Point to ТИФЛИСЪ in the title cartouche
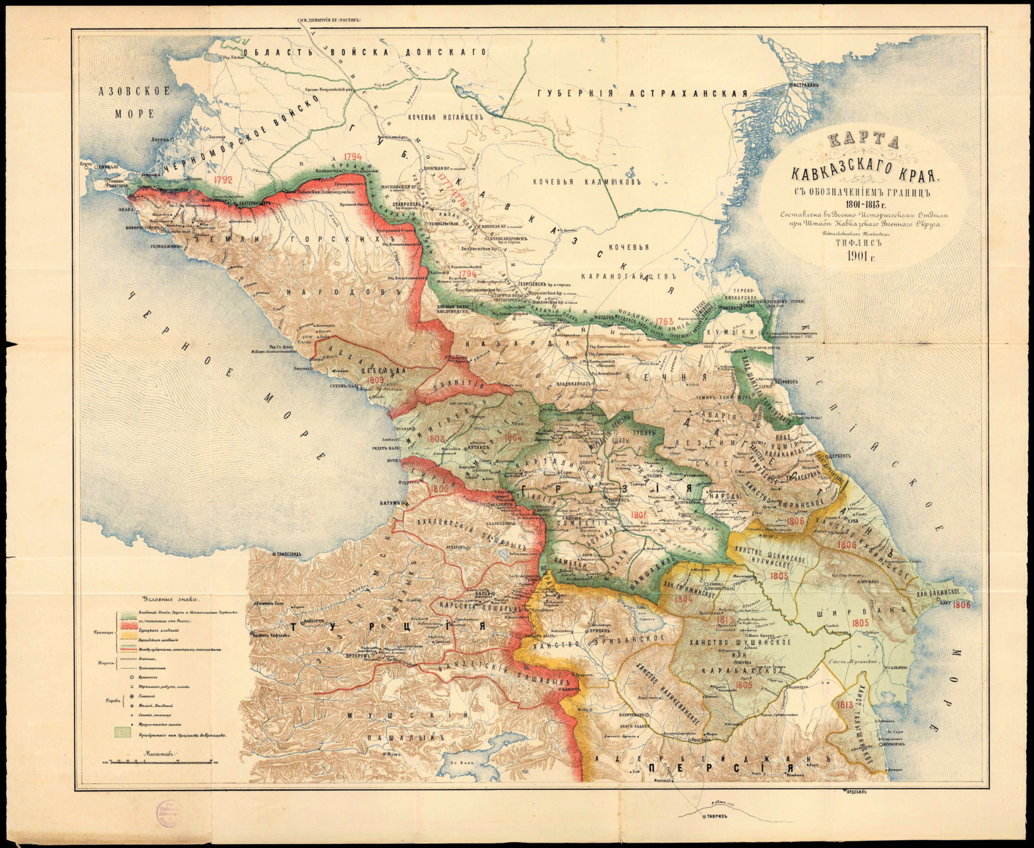coord(855,241)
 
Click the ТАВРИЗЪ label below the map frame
coord(716,816)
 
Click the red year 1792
coord(223,179)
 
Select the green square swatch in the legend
coord(123,731)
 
